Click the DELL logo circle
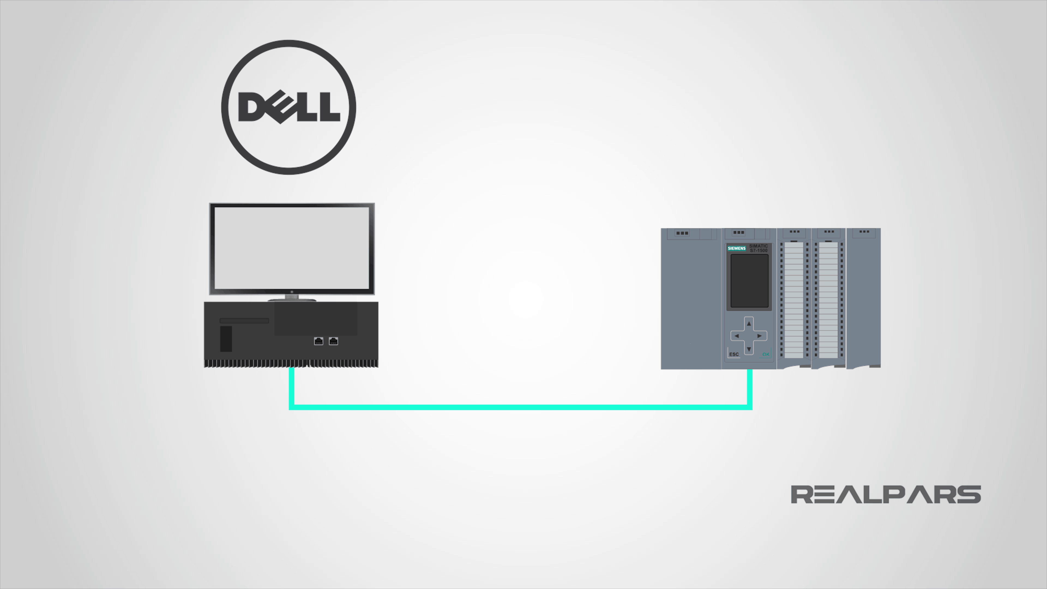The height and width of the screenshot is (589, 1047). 288,107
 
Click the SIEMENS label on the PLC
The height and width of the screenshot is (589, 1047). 736,248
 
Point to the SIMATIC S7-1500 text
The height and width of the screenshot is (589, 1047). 759,248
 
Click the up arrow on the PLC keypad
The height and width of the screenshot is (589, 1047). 749,324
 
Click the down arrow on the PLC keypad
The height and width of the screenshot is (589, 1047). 749,349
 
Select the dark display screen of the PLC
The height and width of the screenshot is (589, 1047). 749,281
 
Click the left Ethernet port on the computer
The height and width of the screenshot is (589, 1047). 319,341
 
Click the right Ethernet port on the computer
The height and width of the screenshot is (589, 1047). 333,341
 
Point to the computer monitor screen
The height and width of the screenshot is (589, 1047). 291,248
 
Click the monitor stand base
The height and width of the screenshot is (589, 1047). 291,300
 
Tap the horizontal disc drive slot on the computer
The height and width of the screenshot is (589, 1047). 244,321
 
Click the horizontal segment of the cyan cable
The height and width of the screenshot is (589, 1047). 520,407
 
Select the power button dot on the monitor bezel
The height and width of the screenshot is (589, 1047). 291,292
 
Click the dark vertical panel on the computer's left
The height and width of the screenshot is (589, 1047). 226,339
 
